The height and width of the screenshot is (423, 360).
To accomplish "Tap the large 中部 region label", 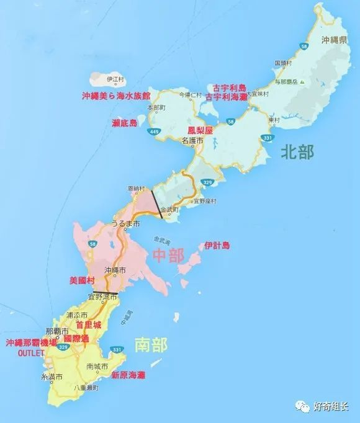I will [168, 254].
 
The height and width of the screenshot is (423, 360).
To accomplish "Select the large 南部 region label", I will [151, 345].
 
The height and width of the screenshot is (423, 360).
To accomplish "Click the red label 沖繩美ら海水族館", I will [116, 96].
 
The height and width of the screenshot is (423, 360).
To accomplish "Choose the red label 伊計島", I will [217, 246].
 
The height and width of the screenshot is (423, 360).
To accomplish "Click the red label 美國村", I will [81, 280].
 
